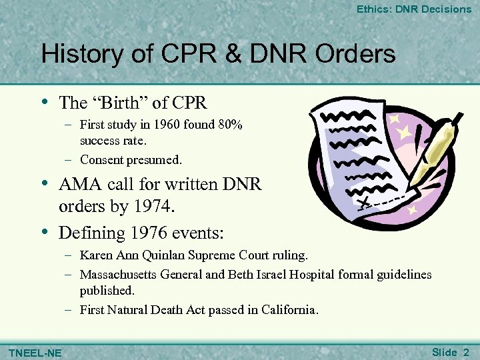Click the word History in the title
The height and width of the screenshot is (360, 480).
point(81,54)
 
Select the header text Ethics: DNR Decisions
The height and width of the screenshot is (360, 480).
point(413,9)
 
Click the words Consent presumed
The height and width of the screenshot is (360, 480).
point(131,160)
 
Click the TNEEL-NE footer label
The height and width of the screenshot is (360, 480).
point(33,352)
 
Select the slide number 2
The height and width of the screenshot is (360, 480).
point(466,351)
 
